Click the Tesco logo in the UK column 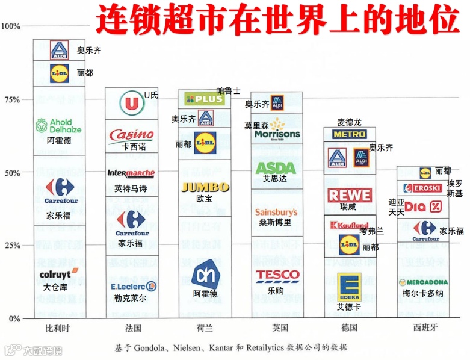[x=277, y=275]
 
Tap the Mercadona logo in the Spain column [x=423, y=282]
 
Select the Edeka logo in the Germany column [x=349, y=287]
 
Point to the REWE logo [x=350, y=195]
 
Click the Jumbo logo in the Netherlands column [x=205, y=187]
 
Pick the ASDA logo [x=276, y=168]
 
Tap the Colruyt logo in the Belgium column [x=58, y=274]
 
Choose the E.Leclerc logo [x=133, y=286]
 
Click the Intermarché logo [x=131, y=173]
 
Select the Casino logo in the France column [x=131, y=134]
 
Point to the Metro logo [x=350, y=134]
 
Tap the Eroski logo [x=422, y=188]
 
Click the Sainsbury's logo [x=276, y=212]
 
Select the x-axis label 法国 [x=133, y=328]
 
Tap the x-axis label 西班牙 [x=422, y=328]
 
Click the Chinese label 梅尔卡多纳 [x=422, y=293]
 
